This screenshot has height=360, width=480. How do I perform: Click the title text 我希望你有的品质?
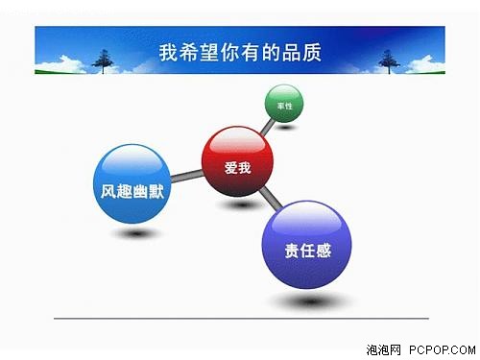coord(240,52)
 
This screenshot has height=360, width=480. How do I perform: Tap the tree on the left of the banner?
coord(102,60)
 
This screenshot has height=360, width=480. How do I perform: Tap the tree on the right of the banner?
coord(389,60)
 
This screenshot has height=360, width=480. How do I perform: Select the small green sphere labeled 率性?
coord(284,104)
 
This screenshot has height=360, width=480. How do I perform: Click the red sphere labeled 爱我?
coord(237,166)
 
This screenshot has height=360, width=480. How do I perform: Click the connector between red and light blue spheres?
coord(186,176)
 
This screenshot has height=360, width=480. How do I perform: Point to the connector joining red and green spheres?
coord(264,132)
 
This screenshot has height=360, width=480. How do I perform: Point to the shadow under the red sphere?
coord(240,204)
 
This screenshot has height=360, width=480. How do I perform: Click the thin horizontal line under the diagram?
coord(240,317)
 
